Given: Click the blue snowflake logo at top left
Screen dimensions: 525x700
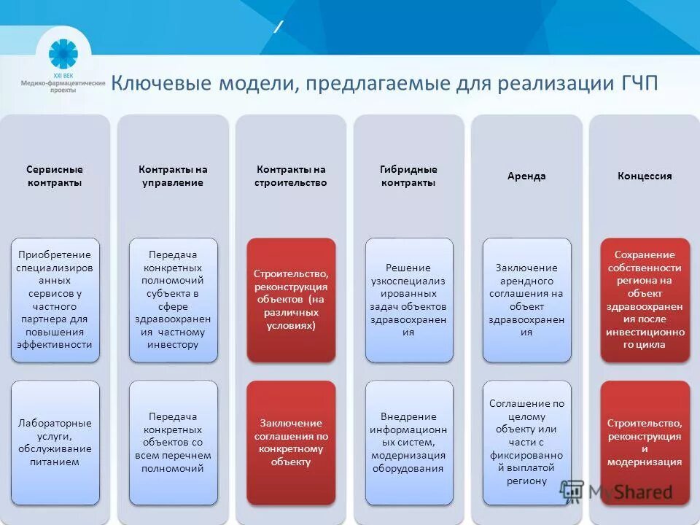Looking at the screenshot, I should point(63,54).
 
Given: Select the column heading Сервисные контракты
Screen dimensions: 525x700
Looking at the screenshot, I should point(55,176).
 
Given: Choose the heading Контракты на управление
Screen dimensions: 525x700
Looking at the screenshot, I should point(173,176).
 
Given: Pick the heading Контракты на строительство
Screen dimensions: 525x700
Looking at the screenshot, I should point(290,176).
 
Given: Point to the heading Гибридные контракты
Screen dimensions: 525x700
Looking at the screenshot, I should point(408,176).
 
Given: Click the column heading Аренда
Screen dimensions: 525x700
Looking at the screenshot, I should point(526,176).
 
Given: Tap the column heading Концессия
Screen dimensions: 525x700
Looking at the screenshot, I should point(645,176).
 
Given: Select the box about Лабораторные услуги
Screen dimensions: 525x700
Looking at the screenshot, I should point(55,442).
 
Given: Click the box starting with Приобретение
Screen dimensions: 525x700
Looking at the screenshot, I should point(55,300).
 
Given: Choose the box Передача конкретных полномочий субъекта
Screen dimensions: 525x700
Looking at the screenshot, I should point(173,300).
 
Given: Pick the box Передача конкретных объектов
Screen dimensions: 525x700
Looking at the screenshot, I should point(173,442).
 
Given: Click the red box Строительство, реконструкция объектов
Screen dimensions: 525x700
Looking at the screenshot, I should point(290,300).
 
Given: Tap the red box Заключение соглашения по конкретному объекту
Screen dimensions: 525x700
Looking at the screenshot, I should point(290,442).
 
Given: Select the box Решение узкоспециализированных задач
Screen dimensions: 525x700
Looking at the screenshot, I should point(408,300).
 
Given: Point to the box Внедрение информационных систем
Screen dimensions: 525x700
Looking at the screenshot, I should point(408,442).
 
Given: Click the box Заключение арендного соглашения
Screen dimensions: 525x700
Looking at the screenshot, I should point(526,300).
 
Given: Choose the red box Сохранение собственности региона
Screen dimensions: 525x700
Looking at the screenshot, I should point(645,300).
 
